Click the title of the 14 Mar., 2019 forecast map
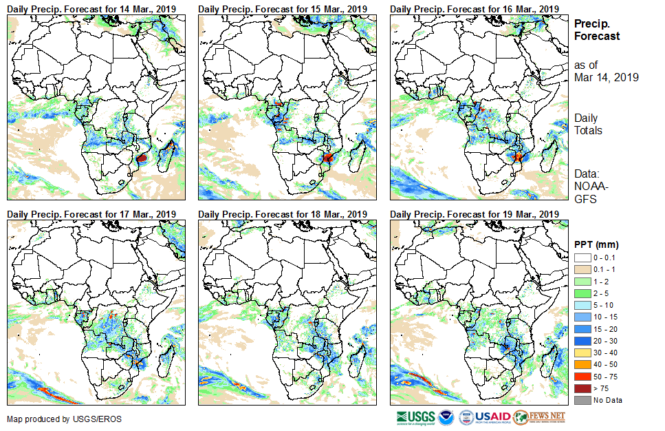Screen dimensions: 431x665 [91, 8]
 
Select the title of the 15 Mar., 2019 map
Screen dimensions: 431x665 [283, 8]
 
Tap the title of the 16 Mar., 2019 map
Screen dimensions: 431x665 [474, 8]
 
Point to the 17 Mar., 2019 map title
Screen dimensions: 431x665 [91, 213]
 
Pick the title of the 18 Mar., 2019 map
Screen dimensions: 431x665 [283, 213]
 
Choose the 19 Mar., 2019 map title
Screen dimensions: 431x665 [474, 213]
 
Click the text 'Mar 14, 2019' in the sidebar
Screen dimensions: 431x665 [607, 77]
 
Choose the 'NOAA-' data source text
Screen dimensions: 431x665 [591, 187]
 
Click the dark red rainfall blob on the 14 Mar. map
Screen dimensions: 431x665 [142, 158]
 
